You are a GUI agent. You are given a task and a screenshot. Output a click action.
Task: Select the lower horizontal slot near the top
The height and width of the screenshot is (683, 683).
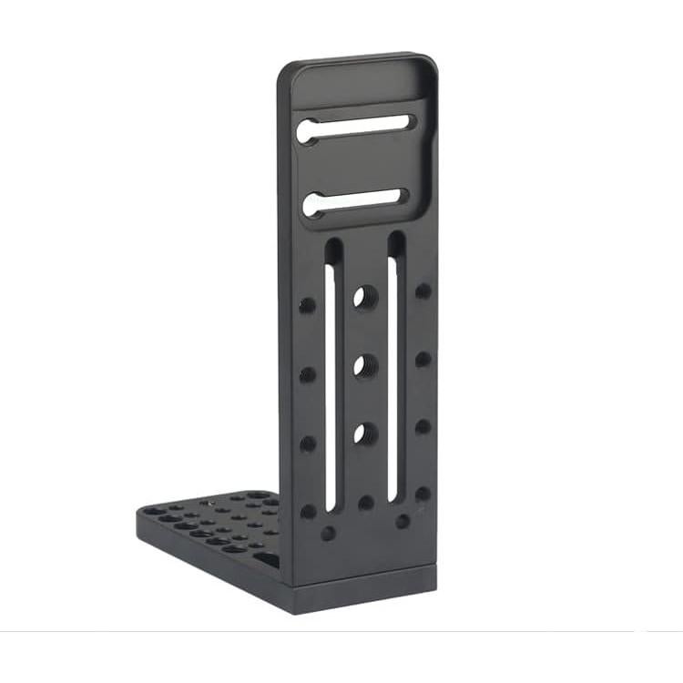coord(355,201)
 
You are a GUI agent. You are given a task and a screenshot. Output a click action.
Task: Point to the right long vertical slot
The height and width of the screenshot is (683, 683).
coord(394,364)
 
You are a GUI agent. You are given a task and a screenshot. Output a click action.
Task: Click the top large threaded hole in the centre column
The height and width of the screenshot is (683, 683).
coord(364,296)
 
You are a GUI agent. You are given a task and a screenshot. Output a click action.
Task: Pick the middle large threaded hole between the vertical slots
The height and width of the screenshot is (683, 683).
coord(364,365)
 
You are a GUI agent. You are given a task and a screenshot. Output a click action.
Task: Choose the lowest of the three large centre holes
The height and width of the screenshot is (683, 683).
coord(363,433)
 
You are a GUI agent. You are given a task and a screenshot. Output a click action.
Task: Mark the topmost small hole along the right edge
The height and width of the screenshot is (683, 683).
coord(423,291)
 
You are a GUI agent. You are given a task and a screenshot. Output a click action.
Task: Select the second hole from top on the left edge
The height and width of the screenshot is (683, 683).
coord(307,374)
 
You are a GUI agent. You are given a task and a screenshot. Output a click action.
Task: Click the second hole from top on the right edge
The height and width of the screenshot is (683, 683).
coord(423,359)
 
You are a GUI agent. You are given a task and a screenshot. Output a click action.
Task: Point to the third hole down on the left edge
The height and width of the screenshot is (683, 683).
coord(307,443)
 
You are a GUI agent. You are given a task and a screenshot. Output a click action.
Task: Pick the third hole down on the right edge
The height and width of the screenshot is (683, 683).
coord(423,426)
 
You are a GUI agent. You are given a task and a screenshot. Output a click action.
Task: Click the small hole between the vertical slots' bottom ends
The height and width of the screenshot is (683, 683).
coord(365,503)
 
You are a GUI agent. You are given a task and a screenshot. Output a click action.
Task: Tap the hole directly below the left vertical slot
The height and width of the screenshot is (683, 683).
coord(328,534)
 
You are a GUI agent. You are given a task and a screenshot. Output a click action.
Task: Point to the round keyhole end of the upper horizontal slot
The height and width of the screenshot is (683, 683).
coord(307,131)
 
